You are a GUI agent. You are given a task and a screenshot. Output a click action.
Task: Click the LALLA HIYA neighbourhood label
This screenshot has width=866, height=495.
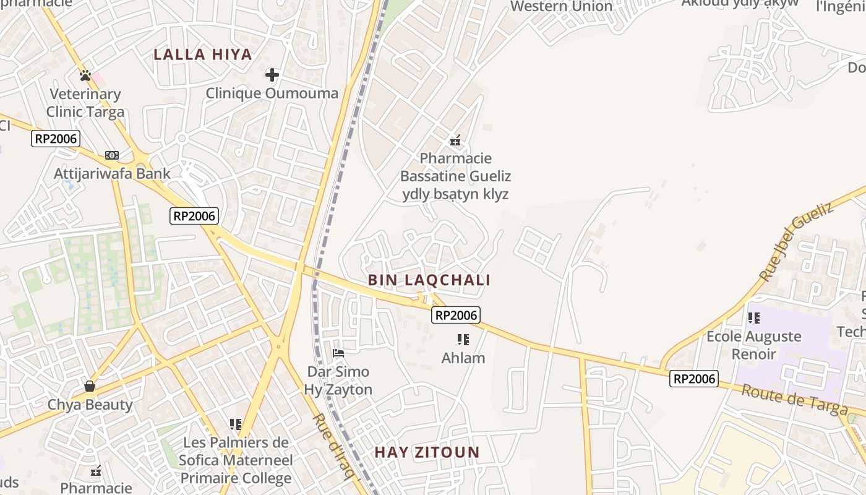(203, 54)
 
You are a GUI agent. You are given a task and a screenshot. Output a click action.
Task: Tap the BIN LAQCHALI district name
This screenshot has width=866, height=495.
(429, 280)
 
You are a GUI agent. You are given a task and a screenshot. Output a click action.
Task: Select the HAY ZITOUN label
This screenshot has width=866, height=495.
(427, 452)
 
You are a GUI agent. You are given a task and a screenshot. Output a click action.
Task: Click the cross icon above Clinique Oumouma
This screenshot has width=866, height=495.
(272, 75)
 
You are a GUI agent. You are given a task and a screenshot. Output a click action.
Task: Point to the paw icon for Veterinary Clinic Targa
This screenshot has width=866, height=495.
(85, 75)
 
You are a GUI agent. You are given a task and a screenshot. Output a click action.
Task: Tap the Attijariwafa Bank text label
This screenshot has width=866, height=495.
(112, 173)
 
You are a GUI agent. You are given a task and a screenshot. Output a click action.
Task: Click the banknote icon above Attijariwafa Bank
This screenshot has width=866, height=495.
(112, 155)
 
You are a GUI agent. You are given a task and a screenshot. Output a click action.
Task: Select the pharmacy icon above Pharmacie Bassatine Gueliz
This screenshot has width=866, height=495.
(455, 140)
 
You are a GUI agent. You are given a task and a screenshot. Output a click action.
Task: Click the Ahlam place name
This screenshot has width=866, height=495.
(463, 358)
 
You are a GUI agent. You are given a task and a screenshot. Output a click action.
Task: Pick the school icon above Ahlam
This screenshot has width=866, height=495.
(463, 339)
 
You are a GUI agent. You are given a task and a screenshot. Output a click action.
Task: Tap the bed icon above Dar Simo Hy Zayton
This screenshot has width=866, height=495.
(338, 353)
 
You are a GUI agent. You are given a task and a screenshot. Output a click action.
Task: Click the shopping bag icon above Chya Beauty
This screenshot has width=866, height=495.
(90, 386)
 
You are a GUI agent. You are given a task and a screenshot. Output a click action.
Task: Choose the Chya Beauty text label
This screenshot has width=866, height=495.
(90, 405)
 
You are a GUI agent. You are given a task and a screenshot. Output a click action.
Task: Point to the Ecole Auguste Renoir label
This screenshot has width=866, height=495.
(753, 345)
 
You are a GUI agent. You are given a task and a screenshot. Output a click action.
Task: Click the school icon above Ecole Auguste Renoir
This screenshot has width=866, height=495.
(753, 318)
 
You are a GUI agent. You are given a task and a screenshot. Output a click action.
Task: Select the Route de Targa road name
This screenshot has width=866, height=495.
(794, 400)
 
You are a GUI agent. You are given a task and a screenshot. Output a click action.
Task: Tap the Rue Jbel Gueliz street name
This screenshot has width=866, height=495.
(796, 242)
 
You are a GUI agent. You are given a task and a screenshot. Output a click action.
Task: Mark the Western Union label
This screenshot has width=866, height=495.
(561, 7)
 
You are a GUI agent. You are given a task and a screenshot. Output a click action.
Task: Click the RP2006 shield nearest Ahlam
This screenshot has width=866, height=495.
(456, 316)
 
